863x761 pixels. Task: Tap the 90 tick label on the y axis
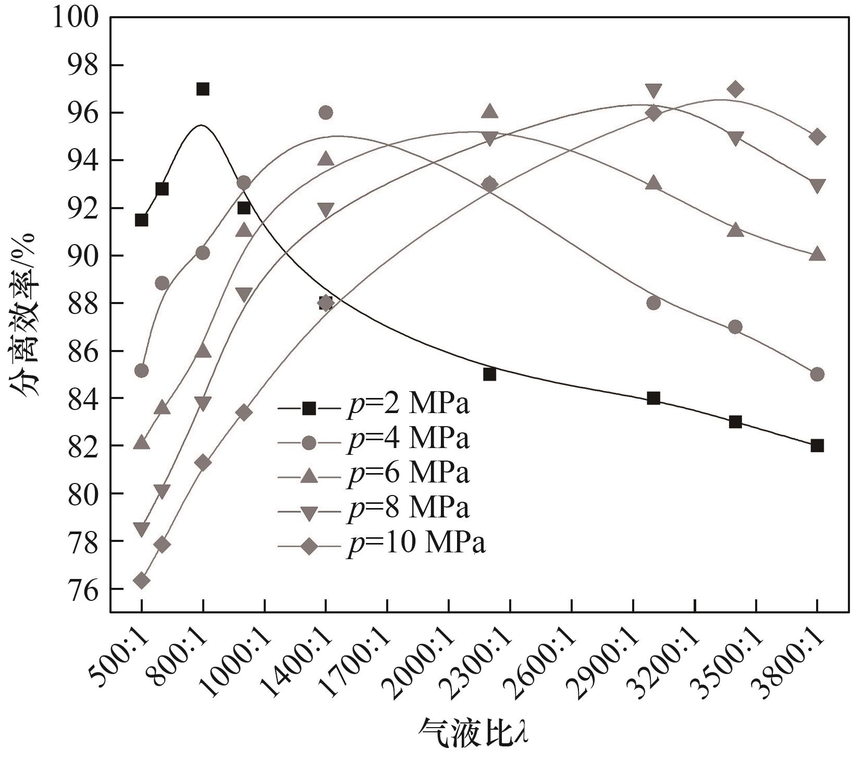[83, 256]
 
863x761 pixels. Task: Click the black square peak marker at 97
[203, 89]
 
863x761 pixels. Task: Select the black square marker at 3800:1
[817, 446]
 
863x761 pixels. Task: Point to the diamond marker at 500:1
[141, 581]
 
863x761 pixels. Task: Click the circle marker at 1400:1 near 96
[326, 113]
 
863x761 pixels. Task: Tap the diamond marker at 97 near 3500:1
[735, 89]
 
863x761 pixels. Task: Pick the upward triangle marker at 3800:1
[817, 255]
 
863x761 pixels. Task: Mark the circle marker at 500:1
[141, 371]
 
